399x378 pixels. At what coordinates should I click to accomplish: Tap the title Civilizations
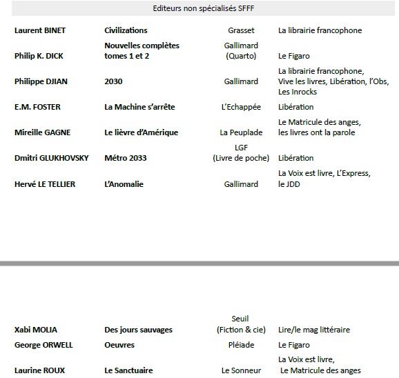pyautogui.click(x=126, y=30)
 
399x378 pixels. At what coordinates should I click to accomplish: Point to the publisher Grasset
pyautogui.click(x=241, y=30)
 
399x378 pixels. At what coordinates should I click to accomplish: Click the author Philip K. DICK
pyautogui.click(x=39, y=56)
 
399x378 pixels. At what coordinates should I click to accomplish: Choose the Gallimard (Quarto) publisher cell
pyautogui.click(x=241, y=50)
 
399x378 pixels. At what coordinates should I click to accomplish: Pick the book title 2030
pyautogui.click(x=113, y=81)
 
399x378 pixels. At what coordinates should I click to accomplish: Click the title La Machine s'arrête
pyautogui.click(x=139, y=107)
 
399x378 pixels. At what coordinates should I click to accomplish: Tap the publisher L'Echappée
pyautogui.click(x=241, y=107)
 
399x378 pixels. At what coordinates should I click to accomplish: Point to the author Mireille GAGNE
pyautogui.click(x=42, y=132)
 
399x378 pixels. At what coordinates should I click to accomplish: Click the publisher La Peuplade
pyautogui.click(x=241, y=132)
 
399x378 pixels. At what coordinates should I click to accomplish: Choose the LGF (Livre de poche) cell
pyautogui.click(x=241, y=152)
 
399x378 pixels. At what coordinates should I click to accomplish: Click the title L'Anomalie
pyautogui.click(x=125, y=184)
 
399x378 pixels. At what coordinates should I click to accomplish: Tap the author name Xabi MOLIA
pyautogui.click(x=35, y=330)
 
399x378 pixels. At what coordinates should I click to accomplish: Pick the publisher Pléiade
pyautogui.click(x=241, y=345)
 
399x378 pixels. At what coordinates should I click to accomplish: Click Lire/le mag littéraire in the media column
pyautogui.click(x=313, y=330)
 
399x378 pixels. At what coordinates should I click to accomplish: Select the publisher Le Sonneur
pyautogui.click(x=241, y=370)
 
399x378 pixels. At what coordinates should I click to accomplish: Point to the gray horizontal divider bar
pyautogui.click(x=199, y=263)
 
